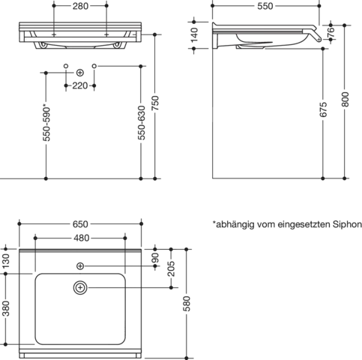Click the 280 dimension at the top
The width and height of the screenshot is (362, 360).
(x=80, y=6)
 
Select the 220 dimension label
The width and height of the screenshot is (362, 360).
(x=80, y=85)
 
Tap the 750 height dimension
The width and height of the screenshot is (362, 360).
(x=155, y=103)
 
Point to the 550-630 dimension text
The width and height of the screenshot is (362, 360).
(x=142, y=123)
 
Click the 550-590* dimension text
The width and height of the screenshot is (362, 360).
(x=46, y=124)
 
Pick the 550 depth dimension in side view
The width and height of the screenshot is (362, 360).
(x=265, y=6)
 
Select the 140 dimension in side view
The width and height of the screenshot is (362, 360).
(x=194, y=34)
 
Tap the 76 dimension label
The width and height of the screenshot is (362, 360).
(x=331, y=32)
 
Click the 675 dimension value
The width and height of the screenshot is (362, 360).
(x=323, y=109)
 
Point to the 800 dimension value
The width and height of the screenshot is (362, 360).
(x=345, y=100)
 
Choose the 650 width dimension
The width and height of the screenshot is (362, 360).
(x=80, y=224)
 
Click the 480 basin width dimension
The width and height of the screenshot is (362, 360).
(x=82, y=238)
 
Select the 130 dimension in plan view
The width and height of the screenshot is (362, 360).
(x=5, y=261)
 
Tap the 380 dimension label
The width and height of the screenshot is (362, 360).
(x=5, y=308)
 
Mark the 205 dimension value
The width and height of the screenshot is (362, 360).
(x=172, y=268)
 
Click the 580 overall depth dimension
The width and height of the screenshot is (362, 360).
(x=187, y=304)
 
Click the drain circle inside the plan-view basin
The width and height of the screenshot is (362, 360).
(x=80, y=288)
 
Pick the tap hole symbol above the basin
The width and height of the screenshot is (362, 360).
(x=80, y=266)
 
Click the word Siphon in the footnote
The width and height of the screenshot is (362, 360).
(x=347, y=224)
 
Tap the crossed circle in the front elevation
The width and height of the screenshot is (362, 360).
(x=80, y=73)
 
